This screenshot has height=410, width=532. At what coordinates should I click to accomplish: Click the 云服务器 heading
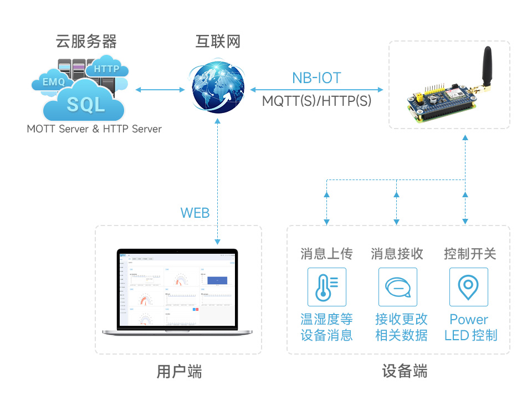(x=86, y=42)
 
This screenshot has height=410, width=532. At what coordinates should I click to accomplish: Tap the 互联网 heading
(x=218, y=42)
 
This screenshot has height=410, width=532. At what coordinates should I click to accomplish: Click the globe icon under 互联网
(x=218, y=89)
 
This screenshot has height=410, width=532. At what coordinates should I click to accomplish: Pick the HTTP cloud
(x=107, y=68)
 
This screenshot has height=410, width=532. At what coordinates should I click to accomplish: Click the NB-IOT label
(x=316, y=78)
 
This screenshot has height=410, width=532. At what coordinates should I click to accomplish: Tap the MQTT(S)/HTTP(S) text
(x=316, y=101)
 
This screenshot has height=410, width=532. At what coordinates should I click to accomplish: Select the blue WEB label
(x=195, y=213)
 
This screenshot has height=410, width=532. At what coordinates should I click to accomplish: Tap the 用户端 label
(x=179, y=371)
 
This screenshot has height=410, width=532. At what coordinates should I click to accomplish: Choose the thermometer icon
(x=326, y=287)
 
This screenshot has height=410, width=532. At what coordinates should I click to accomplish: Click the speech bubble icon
(x=397, y=287)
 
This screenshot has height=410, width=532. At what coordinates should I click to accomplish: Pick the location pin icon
(x=468, y=287)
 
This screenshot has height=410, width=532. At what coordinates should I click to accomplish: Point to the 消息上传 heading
(x=326, y=254)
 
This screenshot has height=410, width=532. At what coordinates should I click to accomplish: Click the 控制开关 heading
(x=469, y=254)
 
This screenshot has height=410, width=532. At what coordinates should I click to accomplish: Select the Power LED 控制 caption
(x=470, y=327)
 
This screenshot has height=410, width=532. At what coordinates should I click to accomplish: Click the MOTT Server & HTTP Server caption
(x=94, y=129)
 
